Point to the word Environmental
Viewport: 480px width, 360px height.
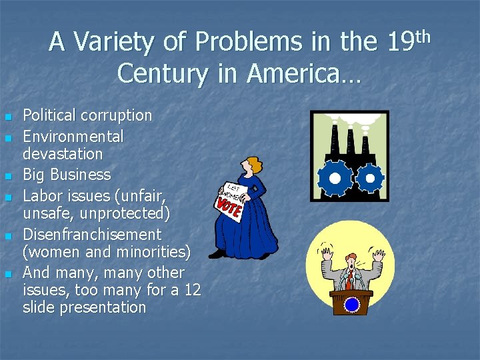(73, 137)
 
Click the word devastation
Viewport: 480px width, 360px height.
(63, 154)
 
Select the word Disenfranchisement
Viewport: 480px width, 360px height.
(92, 235)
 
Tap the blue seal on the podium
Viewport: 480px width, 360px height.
(351, 305)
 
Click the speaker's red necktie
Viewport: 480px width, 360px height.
(348, 281)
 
